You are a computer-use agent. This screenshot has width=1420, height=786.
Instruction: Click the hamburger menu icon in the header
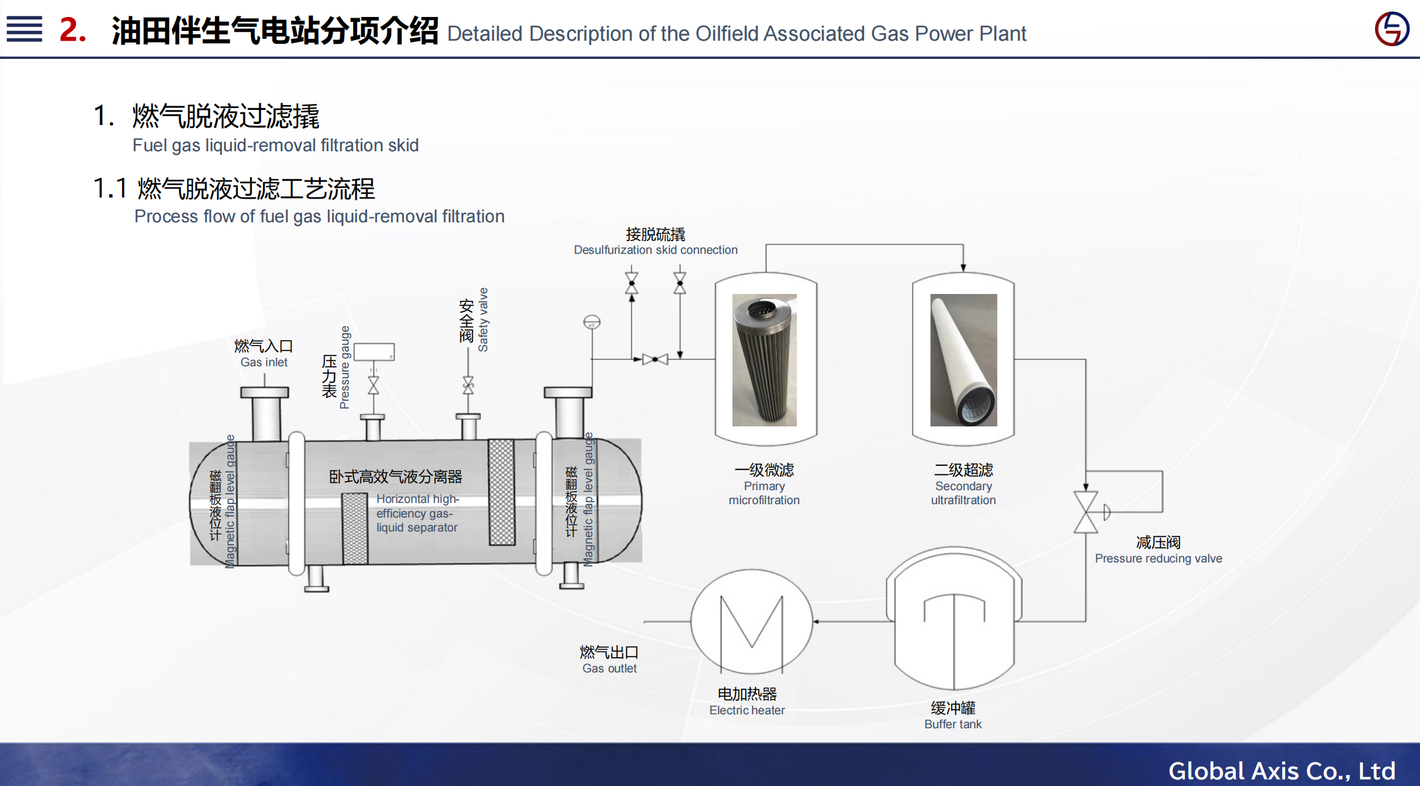(24, 29)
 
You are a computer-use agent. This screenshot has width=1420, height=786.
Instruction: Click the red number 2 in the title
(72, 30)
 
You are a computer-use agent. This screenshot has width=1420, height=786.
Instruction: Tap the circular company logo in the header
(1391, 29)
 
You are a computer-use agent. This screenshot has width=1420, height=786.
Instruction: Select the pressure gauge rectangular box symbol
(374, 352)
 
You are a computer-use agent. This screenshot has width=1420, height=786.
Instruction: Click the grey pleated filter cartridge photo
(764, 360)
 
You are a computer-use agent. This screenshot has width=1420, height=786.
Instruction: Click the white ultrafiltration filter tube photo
(963, 360)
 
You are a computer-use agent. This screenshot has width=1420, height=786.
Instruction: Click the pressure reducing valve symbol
(1086, 512)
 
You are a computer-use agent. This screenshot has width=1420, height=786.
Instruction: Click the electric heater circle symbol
(751, 621)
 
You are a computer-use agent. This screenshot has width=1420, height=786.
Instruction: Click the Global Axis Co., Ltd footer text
(1282, 770)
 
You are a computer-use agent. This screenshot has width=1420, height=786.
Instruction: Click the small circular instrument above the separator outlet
(592, 321)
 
